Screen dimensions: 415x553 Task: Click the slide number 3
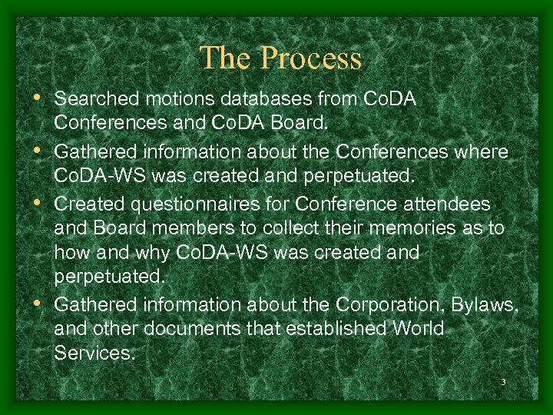(x=502, y=382)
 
